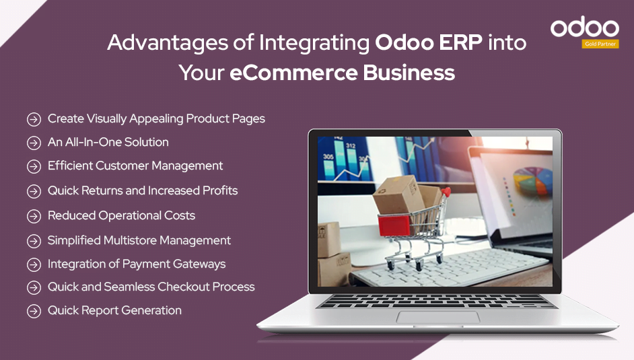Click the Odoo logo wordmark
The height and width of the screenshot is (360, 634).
(584, 28)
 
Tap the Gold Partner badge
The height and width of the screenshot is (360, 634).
(600, 44)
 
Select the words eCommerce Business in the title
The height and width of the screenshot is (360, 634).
(342, 72)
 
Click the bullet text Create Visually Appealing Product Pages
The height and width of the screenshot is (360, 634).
(156, 119)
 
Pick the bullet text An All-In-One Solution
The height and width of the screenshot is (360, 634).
(108, 143)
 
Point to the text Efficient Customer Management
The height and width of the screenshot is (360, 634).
(135, 166)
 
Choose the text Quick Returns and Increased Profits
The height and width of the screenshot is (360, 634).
(143, 191)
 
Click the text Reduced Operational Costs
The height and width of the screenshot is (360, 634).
(121, 216)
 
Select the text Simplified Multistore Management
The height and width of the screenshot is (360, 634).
(139, 241)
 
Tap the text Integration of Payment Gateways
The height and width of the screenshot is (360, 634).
(136, 264)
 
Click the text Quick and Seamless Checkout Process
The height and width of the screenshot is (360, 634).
(151, 287)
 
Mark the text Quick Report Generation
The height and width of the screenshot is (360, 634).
(114, 311)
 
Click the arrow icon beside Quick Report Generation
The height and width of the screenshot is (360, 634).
(34, 311)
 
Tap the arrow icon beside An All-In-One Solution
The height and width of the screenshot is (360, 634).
(34, 143)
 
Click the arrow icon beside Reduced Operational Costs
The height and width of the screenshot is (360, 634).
(34, 216)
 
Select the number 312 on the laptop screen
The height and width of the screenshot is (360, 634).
(351, 145)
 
